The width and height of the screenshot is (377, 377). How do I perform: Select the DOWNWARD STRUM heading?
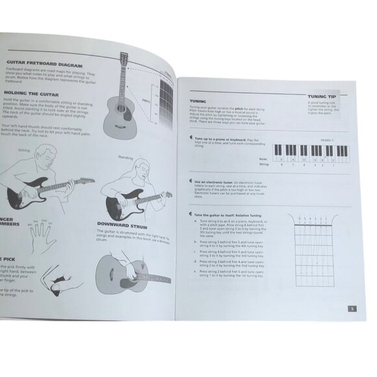[123, 226]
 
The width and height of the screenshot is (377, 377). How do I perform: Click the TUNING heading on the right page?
[198, 102]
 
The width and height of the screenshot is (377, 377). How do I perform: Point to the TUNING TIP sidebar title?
[322, 97]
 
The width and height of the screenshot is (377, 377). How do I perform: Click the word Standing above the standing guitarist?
[125, 157]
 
